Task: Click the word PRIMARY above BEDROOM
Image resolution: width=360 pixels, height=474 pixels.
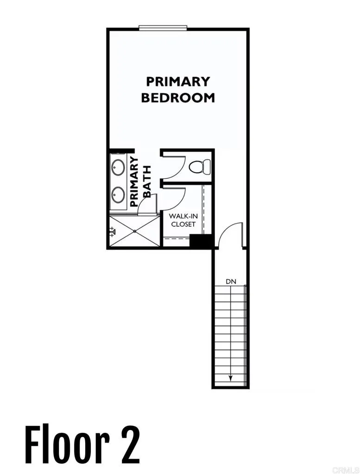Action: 177,81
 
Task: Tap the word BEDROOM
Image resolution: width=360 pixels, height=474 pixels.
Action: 177,98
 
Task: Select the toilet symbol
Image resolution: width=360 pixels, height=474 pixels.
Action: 200,166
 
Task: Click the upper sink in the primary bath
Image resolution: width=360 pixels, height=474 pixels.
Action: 118,167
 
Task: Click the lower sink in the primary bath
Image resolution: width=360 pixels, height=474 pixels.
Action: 118,193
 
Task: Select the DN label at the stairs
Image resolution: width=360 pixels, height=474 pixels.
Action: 231,281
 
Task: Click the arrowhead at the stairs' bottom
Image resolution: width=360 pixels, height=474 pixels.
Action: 230,379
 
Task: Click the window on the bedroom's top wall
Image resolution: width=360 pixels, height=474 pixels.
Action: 163,28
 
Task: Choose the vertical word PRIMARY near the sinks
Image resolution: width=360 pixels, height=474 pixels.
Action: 135,181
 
